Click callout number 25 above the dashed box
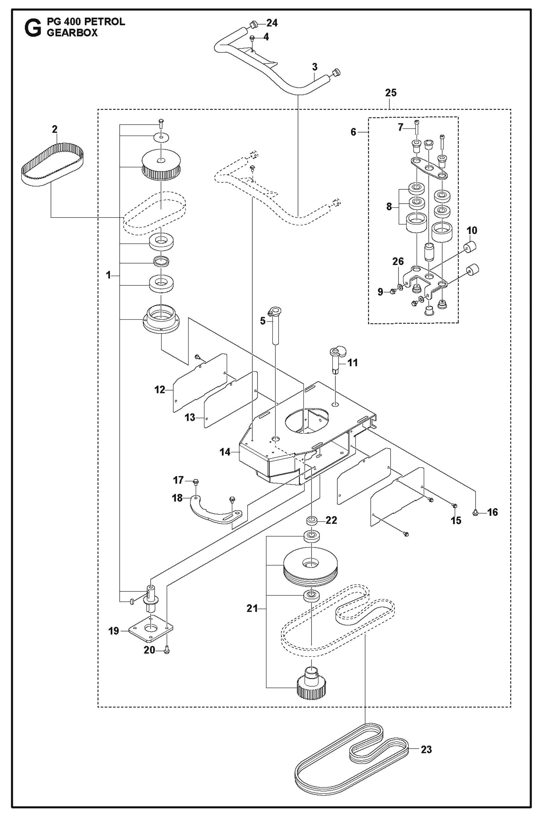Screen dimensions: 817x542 391,93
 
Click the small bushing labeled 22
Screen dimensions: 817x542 311,520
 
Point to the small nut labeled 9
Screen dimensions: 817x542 392,292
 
